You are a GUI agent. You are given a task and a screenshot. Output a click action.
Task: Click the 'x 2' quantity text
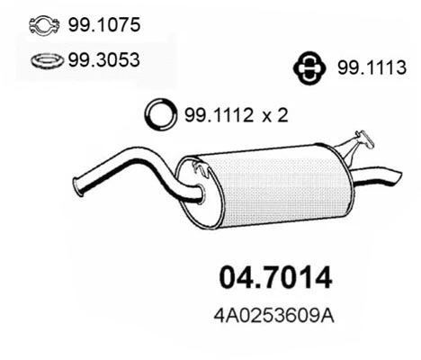pos(270,115)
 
